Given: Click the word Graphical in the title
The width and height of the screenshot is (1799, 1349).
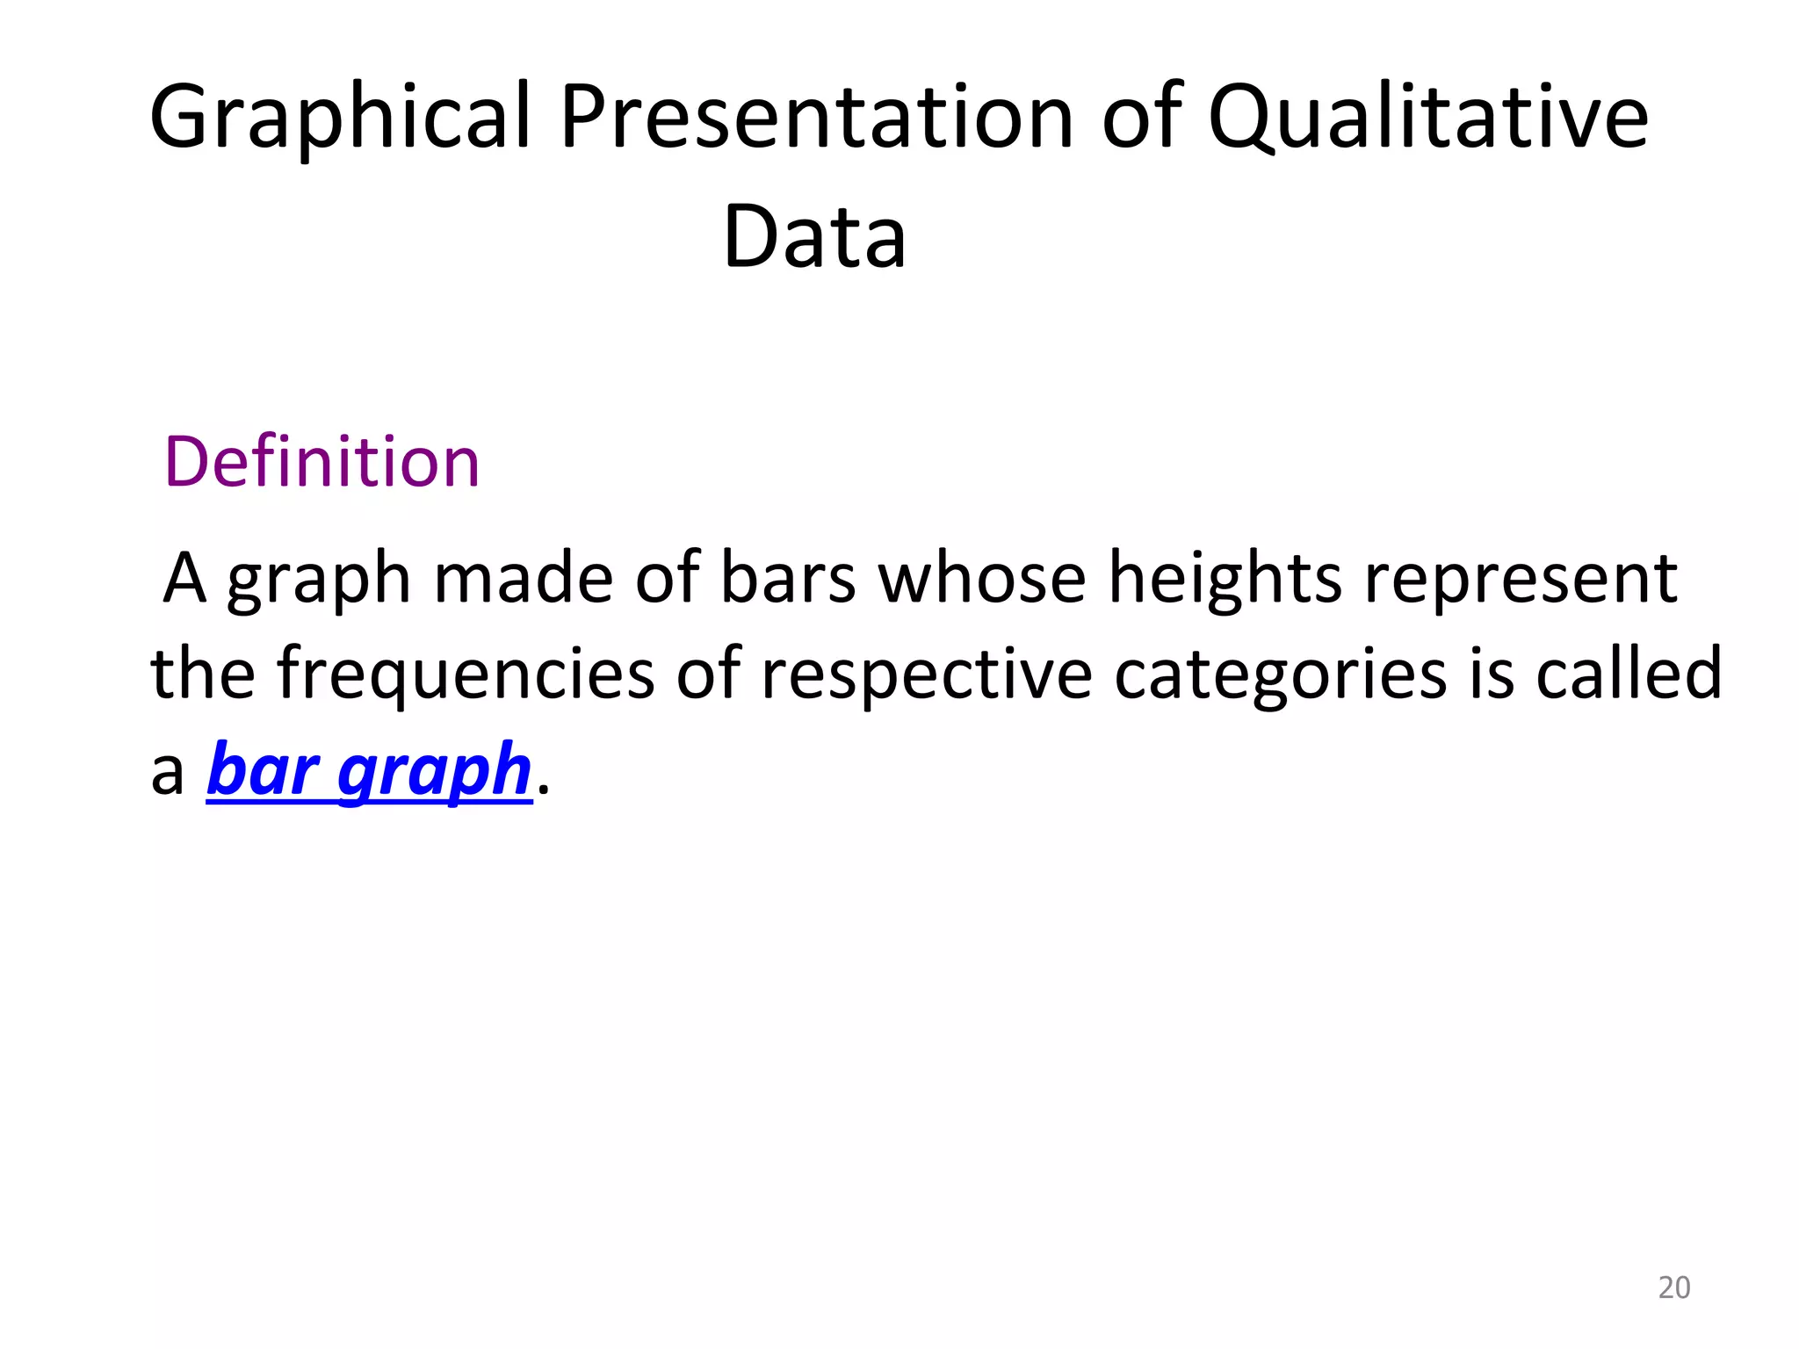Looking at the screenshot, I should pos(341,119).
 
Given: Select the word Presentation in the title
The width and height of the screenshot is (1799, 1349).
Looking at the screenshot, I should pos(817,119).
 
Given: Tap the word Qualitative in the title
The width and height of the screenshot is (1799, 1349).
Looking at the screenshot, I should pos(1427,119).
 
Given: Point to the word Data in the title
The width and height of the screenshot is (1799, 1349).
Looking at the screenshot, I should pos(814,237).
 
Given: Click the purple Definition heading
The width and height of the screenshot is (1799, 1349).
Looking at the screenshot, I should pos(322,462).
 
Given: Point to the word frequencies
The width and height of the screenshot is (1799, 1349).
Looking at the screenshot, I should pos(466,674).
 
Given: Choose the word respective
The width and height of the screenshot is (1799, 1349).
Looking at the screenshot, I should pos(927,674).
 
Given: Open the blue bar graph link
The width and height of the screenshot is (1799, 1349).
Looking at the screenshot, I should pos(370,770).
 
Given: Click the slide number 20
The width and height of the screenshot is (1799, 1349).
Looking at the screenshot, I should pos(1673,1288).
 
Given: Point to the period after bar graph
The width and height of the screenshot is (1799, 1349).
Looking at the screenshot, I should pos(543,789).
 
